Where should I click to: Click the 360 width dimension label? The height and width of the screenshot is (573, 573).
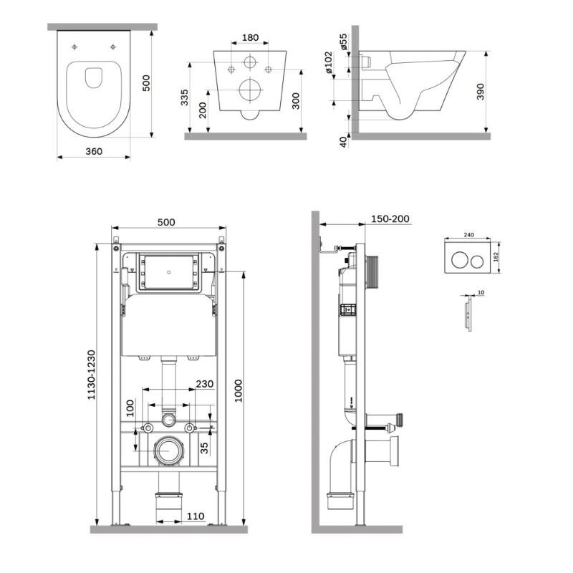tap(94, 151)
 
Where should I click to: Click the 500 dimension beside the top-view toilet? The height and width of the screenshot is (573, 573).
tap(146, 83)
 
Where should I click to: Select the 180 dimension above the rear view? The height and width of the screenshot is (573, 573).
tap(250, 37)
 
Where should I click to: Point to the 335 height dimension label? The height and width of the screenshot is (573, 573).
tap(185, 97)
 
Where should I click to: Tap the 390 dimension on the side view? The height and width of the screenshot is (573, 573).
tap(481, 92)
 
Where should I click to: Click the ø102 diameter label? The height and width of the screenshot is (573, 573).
tap(329, 62)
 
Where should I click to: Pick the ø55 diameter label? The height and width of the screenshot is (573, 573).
tap(344, 42)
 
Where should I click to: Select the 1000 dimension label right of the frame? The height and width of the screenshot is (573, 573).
tap(239, 390)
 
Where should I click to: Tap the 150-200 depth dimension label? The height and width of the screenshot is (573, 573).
tap(390, 219)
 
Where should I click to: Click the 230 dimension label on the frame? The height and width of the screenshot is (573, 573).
tap(205, 384)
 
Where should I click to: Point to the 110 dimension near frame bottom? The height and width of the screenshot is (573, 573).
tap(196, 516)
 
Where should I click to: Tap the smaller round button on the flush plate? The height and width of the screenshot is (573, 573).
tap(476, 261)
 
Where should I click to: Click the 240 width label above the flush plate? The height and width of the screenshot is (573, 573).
tap(469, 235)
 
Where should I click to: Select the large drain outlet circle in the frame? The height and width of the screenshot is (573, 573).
tap(168, 451)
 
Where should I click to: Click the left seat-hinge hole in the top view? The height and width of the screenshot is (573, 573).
tap(74, 47)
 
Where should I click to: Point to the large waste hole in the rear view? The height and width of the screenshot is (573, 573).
tap(250, 90)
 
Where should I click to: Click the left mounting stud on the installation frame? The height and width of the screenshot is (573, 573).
tap(148, 428)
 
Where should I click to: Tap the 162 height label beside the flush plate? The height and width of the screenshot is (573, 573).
tap(496, 257)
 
